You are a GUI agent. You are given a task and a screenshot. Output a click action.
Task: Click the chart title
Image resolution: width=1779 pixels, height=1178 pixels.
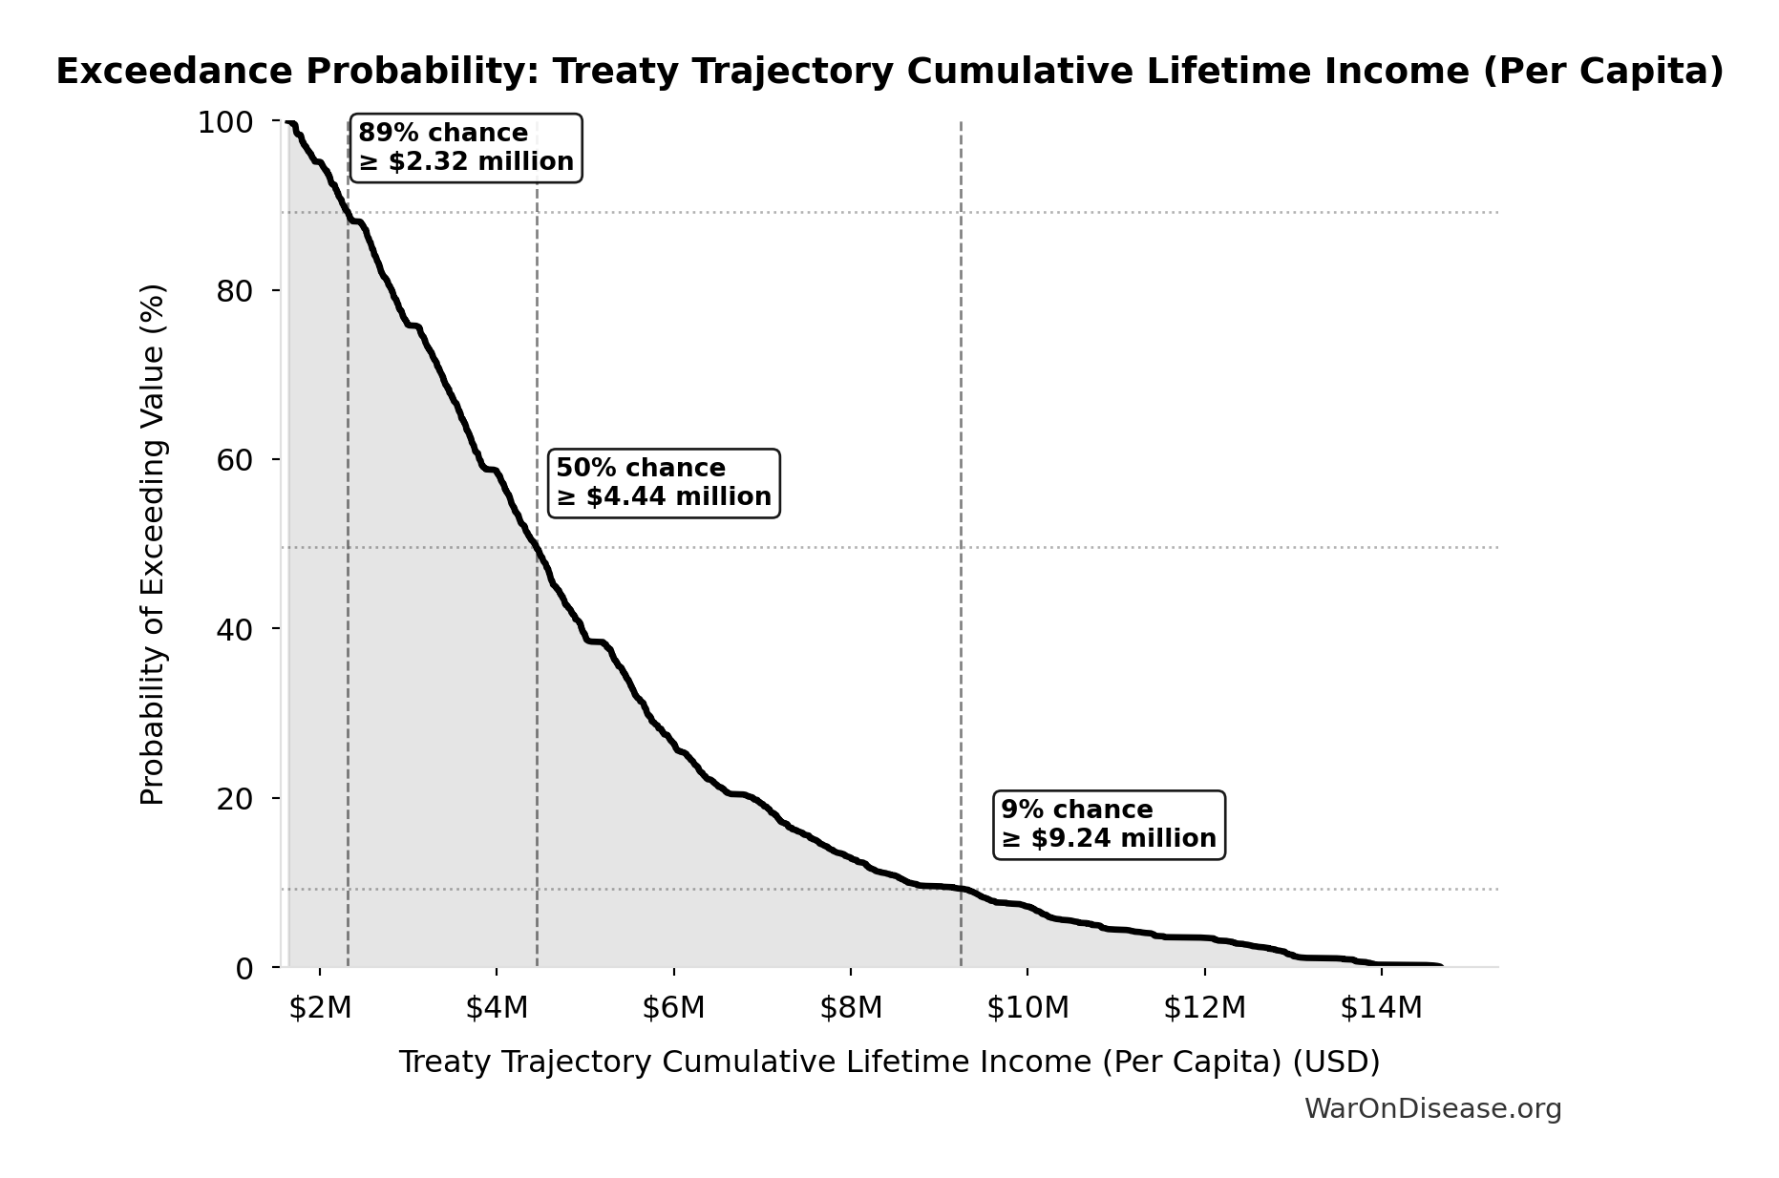[889, 72]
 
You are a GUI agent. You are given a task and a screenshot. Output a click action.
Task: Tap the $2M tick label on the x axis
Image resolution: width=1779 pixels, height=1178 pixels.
[320, 1007]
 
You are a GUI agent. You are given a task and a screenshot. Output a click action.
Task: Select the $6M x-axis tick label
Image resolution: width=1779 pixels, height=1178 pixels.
[673, 1007]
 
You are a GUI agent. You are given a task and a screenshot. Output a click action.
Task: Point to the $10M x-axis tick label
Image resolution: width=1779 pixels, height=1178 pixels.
[1027, 1007]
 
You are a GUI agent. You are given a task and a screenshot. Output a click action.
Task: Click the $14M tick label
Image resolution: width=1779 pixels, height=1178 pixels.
[1381, 1007]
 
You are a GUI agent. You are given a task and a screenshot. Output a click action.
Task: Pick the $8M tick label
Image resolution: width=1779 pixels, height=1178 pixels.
[851, 1007]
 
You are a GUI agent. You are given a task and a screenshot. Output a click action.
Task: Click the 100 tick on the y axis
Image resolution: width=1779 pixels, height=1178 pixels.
[225, 122]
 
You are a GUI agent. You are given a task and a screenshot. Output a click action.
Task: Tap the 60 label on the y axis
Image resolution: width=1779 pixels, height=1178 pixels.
[235, 460]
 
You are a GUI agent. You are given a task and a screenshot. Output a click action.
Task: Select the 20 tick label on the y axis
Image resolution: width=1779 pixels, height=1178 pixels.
[235, 798]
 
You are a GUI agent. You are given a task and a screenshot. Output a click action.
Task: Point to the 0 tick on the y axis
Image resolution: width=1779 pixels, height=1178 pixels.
[244, 968]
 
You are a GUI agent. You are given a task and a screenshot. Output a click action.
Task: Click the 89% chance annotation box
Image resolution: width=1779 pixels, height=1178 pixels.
[466, 148]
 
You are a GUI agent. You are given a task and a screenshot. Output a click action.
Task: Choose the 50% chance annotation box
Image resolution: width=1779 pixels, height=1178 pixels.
[664, 483]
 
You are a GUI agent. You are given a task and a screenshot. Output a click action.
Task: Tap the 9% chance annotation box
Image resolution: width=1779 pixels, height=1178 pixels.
[1109, 825]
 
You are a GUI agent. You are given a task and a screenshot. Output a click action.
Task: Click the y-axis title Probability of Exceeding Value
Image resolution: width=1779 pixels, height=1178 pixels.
[153, 544]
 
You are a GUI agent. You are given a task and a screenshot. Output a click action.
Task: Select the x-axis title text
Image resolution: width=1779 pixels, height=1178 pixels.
[889, 1062]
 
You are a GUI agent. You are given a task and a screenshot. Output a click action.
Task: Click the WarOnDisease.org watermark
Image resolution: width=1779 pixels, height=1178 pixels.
[1432, 1109]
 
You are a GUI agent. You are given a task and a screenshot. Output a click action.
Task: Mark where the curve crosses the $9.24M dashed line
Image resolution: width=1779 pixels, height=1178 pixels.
[961, 889]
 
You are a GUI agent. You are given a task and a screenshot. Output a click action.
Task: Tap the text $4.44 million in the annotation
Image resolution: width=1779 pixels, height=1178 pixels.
[678, 497]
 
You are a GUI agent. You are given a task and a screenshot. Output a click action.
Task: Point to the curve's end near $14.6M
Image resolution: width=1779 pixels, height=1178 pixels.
[1439, 966]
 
